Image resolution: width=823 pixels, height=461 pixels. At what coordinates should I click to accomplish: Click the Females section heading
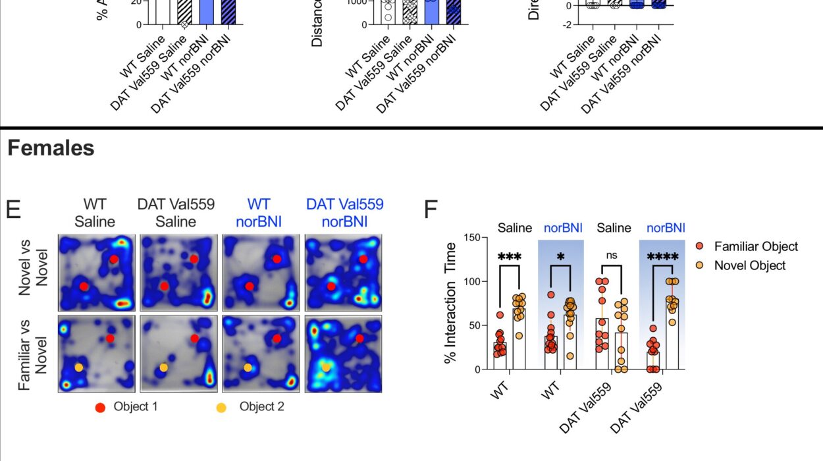tap(51, 148)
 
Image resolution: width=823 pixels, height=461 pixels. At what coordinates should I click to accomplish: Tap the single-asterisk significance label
tap(560, 254)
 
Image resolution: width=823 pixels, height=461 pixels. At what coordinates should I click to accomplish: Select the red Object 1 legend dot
tap(101, 407)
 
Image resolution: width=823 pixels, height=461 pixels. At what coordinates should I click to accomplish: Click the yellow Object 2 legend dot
tap(221, 407)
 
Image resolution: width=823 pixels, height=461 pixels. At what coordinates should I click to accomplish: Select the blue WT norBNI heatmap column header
tap(259, 212)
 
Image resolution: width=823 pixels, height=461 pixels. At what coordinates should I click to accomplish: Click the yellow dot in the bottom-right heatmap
tap(325, 366)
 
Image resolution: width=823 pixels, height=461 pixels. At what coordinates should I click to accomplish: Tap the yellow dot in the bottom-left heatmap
tap(79, 367)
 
